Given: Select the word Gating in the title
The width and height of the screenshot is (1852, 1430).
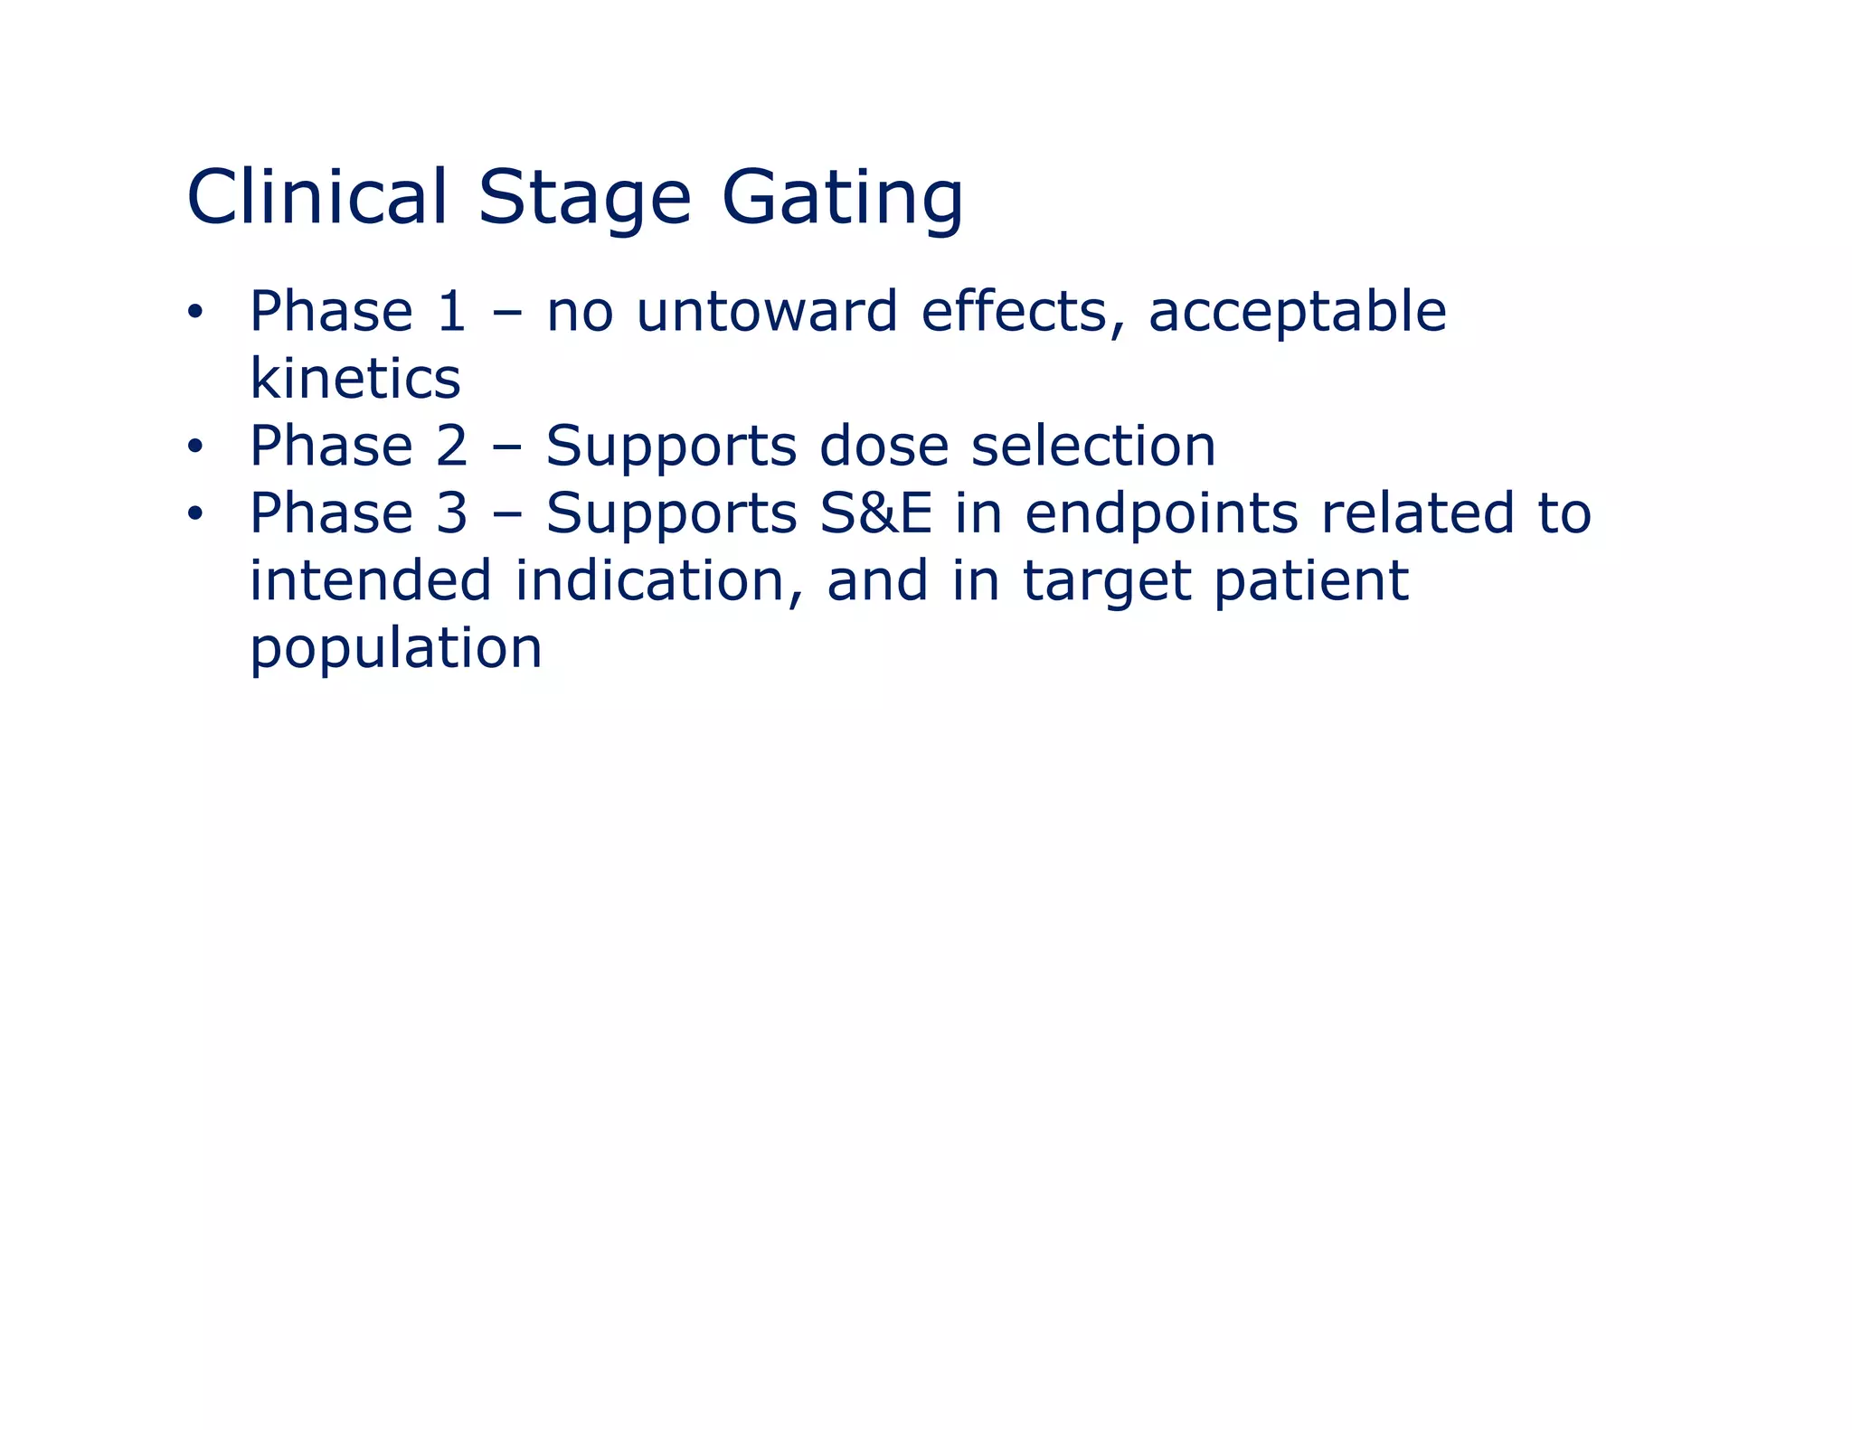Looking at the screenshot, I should (842, 199).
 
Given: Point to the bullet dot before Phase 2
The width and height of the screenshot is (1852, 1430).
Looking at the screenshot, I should (194, 447).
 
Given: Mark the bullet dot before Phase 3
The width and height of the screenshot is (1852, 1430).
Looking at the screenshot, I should (194, 514).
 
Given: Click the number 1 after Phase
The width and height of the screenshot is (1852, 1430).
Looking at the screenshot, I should (450, 312).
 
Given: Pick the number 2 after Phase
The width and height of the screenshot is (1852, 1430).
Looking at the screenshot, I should (450, 446).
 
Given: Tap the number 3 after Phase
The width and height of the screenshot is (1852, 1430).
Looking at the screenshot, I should (450, 513).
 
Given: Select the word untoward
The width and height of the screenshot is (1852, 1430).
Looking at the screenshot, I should (767, 312).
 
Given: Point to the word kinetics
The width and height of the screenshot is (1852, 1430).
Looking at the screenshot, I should (354, 379).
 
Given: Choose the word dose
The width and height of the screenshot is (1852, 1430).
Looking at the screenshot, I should (883, 446).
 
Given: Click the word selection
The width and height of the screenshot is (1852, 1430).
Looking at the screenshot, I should (1093, 446).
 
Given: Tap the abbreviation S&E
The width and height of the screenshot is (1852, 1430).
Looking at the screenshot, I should (875, 513).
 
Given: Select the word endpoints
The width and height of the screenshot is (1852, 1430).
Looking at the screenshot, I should (1161, 515).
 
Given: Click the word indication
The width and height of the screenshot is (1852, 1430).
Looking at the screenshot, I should (659, 580).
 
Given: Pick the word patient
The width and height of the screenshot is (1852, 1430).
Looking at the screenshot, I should (1310, 582).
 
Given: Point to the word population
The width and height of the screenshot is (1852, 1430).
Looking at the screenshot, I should (396, 650).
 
